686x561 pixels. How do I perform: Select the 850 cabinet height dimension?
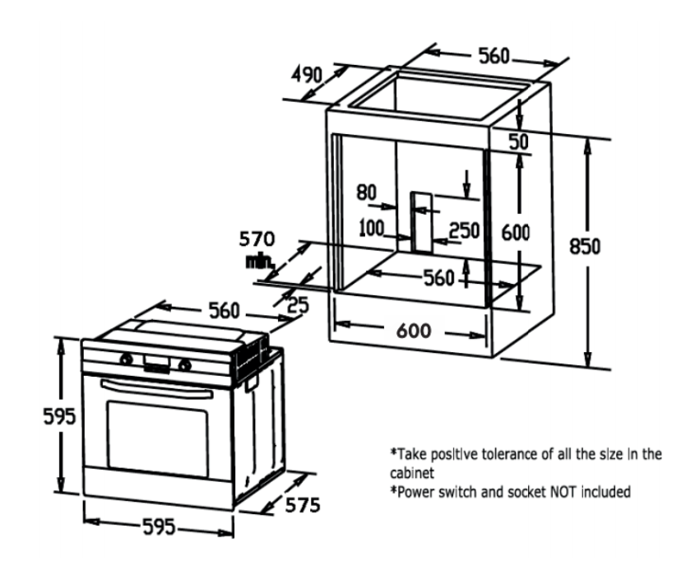tap(588, 247)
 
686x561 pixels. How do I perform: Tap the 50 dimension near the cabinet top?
tap(517, 141)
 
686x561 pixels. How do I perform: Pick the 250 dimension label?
tap(464, 230)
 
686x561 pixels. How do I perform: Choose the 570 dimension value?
tap(257, 240)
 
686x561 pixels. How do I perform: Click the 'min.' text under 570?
tap(257, 262)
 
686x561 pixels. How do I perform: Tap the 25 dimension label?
tap(298, 306)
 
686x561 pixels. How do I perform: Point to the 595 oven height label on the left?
tap(59, 416)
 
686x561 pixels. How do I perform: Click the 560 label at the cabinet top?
tap(494, 56)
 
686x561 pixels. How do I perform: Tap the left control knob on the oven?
tap(126, 359)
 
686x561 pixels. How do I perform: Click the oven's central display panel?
tap(155, 362)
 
